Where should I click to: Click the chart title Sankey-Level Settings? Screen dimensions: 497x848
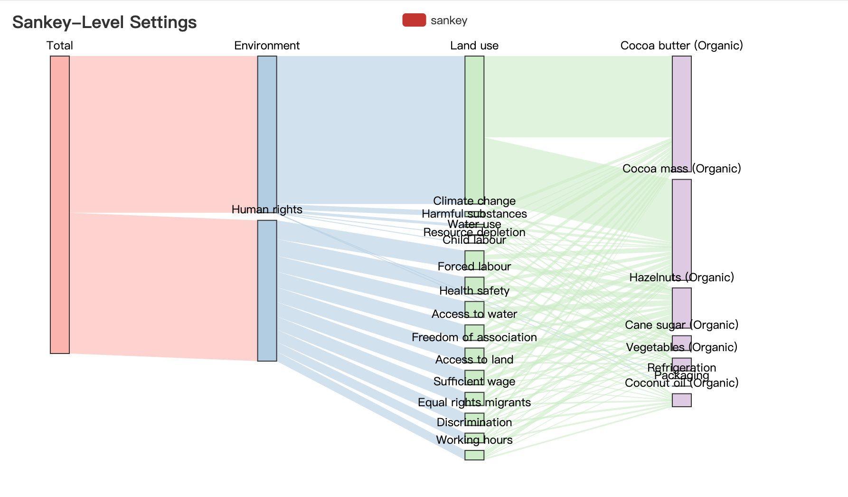pos(104,22)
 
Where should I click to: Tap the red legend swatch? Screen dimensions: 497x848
pos(414,20)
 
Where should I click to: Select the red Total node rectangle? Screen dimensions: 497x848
pos(60,204)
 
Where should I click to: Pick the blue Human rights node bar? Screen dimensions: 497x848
pos(267,290)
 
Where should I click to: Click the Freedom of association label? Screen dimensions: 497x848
pos(474,337)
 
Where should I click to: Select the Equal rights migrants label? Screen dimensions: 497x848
pos(474,402)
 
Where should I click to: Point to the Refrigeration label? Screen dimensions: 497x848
pos(681,367)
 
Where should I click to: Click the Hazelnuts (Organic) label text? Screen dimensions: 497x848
pos(681,277)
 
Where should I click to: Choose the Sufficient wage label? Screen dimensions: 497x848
pos(474,382)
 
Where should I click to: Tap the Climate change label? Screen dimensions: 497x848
pos(474,201)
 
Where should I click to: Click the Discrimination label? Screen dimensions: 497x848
pos(474,422)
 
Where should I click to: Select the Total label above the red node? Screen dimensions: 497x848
pos(60,46)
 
